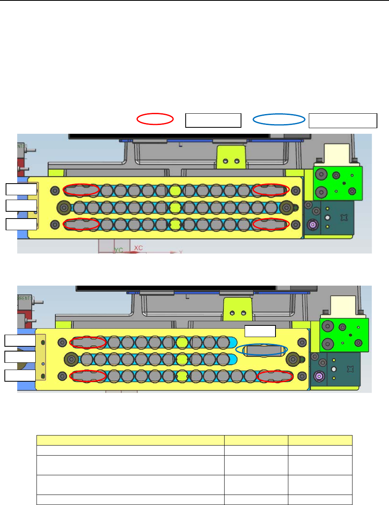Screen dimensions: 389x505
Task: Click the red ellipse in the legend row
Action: (x=155, y=119)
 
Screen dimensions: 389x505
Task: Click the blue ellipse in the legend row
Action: (x=279, y=119)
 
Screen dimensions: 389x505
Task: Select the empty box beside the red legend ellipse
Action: (x=213, y=120)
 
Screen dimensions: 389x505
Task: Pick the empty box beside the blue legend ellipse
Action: (x=343, y=120)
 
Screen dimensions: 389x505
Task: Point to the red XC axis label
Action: (x=138, y=248)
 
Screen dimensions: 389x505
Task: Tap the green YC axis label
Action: (x=118, y=250)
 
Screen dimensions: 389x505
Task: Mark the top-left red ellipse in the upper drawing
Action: (x=81, y=190)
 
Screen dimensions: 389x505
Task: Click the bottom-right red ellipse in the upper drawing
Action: (x=271, y=224)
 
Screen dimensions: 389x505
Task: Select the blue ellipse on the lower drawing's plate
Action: (x=261, y=350)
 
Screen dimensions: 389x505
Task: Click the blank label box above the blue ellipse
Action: (x=260, y=331)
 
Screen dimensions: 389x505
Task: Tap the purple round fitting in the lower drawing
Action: (x=319, y=376)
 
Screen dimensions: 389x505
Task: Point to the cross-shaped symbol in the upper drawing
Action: (x=343, y=217)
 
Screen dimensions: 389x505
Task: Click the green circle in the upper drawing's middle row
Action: (x=175, y=207)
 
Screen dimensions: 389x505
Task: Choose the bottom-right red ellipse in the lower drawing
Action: (x=275, y=376)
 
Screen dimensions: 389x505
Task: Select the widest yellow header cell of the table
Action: (x=130, y=440)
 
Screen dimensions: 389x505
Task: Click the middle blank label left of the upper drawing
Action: (x=21, y=205)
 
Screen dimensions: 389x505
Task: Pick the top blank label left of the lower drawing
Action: (x=20, y=340)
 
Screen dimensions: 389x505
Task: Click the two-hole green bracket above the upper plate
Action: (x=231, y=157)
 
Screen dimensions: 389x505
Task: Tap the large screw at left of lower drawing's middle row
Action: (x=71, y=359)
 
